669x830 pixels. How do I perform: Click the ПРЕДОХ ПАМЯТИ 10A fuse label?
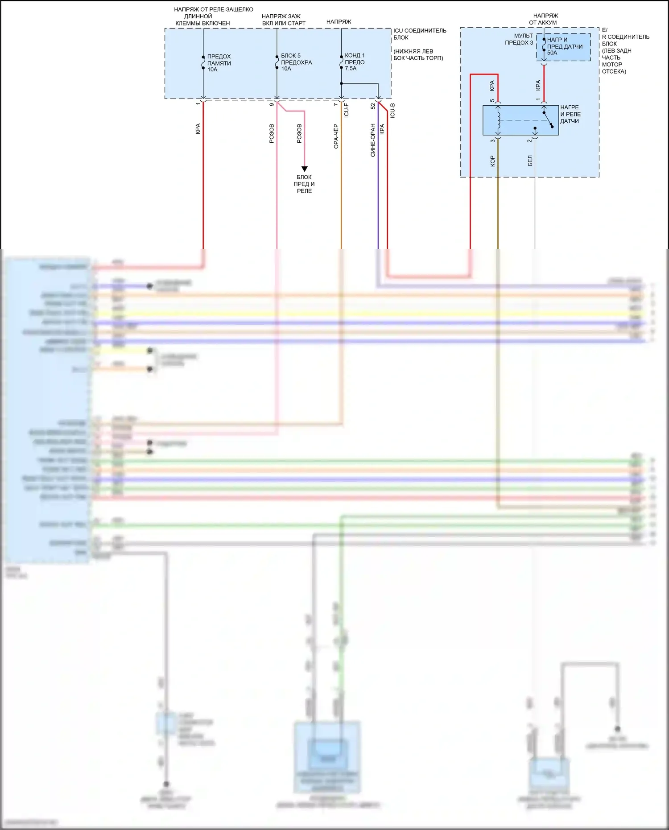tap(219, 63)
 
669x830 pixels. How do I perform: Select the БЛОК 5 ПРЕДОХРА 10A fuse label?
tap(296, 62)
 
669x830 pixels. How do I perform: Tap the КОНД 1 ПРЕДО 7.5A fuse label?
tap(355, 62)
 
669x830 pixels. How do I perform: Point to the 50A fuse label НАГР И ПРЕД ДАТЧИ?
tap(564, 46)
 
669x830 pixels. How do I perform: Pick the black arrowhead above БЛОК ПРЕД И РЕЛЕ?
tap(305, 169)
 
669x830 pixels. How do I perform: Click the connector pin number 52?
tap(373, 106)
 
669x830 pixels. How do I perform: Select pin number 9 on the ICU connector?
tap(272, 104)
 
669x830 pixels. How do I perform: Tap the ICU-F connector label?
tap(347, 110)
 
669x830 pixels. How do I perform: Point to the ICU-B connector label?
tap(392, 110)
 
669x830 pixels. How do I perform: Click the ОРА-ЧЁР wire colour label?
tap(336, 136)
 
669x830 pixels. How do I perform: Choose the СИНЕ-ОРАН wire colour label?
tap(373, 140)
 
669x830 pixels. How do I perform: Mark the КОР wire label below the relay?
tap(492, 161)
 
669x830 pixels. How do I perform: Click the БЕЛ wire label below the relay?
tap(530, 161)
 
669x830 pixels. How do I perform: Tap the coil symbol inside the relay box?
tap(498, 120)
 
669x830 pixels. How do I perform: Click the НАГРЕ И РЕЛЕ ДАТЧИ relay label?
tap(570, 114)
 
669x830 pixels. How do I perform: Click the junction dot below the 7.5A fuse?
tap(341, 83)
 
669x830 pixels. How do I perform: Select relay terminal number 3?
tap(492, 141)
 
